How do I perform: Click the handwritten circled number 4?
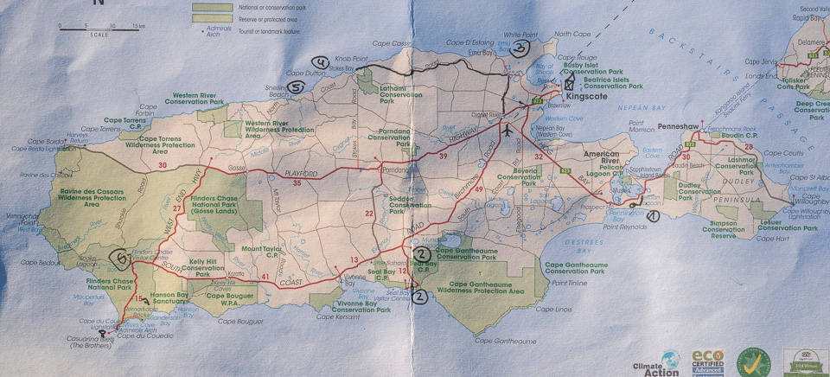pos(320,62)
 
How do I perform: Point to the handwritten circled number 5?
pos(296,86)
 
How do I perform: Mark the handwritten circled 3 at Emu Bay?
pos(519,48)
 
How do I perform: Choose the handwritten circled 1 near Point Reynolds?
pos(652,216)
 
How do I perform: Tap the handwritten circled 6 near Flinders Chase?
pos(122,257)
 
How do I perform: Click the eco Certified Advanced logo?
pos(708,361)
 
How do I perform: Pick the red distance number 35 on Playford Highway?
pos(297,183)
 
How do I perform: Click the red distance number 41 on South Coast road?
pos(265,277)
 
